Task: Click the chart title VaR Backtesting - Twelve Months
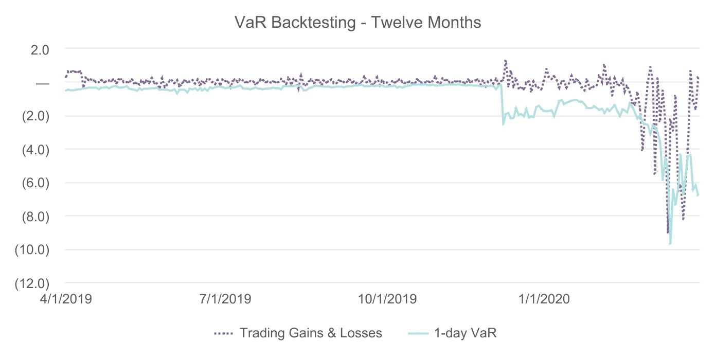click(357, 23)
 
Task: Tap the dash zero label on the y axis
click(43, 83)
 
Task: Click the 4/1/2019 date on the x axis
click(66, 299)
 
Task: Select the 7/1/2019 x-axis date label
click(225, 299)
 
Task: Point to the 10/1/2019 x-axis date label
click(386, 299)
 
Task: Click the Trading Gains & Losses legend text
click(311, 333)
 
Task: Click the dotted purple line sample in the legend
click(224, 333)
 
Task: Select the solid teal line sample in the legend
click(419, 333)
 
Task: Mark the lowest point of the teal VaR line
click(670, 243)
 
